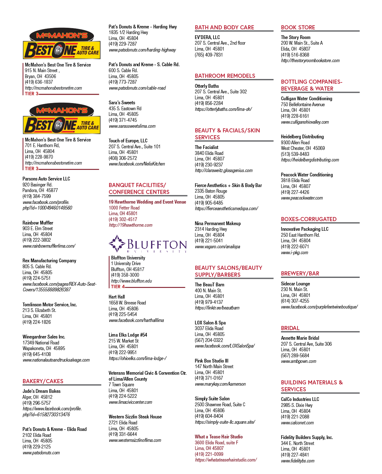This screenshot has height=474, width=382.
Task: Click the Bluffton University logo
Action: [148, 243]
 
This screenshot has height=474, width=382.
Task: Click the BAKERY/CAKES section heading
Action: [43, 381]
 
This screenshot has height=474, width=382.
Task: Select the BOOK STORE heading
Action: [298, 27]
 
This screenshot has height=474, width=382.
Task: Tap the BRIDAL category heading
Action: [290, 328]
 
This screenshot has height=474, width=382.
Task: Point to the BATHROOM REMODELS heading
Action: [225, 76]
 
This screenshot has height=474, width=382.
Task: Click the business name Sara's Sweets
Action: [122, 103]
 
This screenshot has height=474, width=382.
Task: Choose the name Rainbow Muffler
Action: [38, 223]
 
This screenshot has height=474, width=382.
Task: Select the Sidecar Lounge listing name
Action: [295, 284]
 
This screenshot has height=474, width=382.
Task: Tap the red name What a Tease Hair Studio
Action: [219, 437]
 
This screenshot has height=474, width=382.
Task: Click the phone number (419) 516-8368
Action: [295, 55]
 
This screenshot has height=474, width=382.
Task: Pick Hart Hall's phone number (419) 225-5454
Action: [123, 314]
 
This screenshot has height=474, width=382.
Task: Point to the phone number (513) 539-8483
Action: [295, 154]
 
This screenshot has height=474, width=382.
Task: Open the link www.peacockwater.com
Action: [302, 198]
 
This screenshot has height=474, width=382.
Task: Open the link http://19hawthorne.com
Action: [130, 225]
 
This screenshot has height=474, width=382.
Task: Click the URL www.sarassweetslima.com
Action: [132, 126]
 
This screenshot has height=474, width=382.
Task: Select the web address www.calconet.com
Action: [297, 423]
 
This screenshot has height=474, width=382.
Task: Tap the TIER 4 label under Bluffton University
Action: [118, 287]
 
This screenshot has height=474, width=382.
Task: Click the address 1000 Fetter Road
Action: [124, 208]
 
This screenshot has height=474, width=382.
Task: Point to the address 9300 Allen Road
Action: [295, 142]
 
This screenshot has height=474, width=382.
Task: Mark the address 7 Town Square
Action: [121, 385]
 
